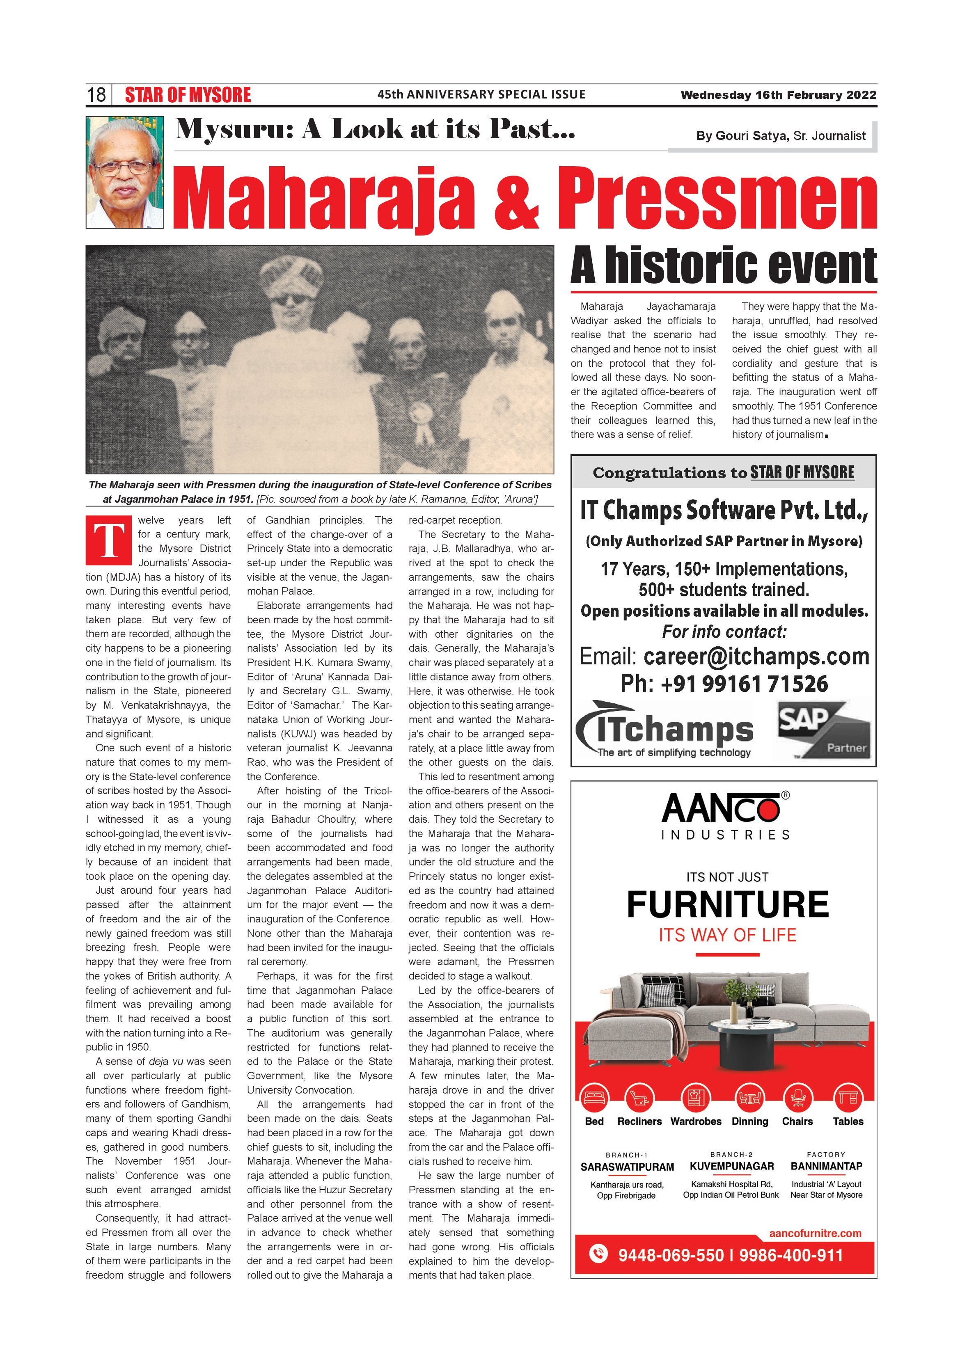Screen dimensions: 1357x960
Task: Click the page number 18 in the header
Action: coord(96,94)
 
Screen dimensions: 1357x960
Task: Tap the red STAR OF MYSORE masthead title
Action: coord(188,94)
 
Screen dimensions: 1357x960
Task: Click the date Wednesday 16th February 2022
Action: coord(778,94)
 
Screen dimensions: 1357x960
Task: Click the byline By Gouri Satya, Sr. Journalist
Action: coord(780,136)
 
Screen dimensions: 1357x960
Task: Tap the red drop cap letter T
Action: coord(109,540)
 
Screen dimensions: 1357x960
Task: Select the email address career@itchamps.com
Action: coord(756,657)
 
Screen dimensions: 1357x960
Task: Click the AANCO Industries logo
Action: coord(725,816)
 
